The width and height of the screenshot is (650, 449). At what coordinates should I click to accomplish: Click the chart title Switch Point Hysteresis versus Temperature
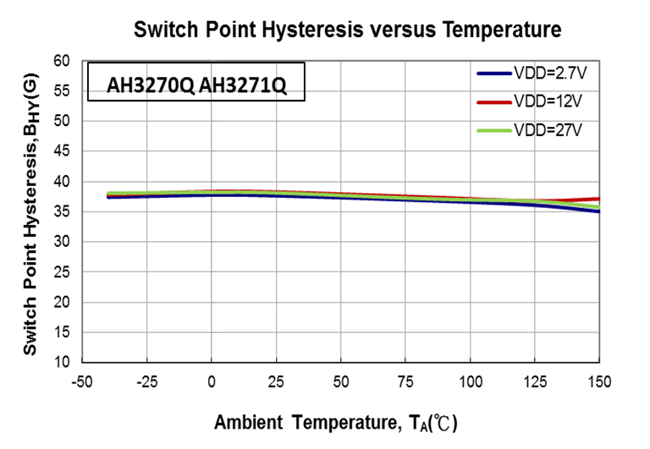click(x=347, y=30)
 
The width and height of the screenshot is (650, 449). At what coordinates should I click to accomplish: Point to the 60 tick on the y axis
click(x=61, y=61)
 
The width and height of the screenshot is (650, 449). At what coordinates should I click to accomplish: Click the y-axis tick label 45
click(x=61, y=151)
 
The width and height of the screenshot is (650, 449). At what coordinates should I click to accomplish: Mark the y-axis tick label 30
click(x=61, y=242)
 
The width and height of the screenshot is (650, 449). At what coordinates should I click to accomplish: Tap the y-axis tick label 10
click(x=61, y=363)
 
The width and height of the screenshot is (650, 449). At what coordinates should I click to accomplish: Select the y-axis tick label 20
click(x=61, y=302)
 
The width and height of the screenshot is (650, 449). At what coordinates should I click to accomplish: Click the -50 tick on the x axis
click(x=81, y=381)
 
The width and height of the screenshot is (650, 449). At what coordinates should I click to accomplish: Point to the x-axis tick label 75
click(x=405, y=381)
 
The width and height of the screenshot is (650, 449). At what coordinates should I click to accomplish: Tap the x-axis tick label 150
click(x=599, y=381)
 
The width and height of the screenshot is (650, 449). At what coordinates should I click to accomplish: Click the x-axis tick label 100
click(x=470, y=381)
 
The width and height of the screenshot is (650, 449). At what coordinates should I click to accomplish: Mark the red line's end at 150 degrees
click(x=598, y=199)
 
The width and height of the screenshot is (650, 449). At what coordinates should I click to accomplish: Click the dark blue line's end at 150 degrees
click(x=598, y=211)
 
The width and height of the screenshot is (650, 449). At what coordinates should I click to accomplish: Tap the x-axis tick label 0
click(x=212, y=381)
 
